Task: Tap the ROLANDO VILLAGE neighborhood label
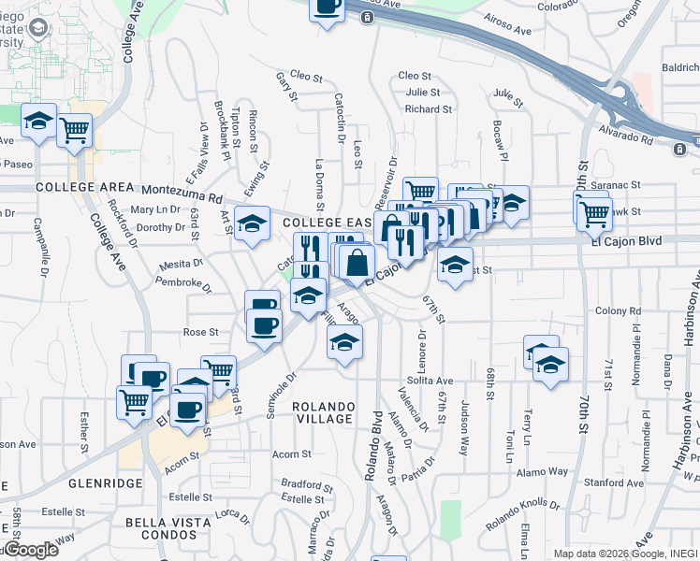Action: coord(323,412)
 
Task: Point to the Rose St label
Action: coord(200,332)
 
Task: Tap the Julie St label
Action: coord(423,92)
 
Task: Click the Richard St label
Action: coord(429,108)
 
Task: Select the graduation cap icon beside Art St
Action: coord(251,224)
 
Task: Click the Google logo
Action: coord(31,550)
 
